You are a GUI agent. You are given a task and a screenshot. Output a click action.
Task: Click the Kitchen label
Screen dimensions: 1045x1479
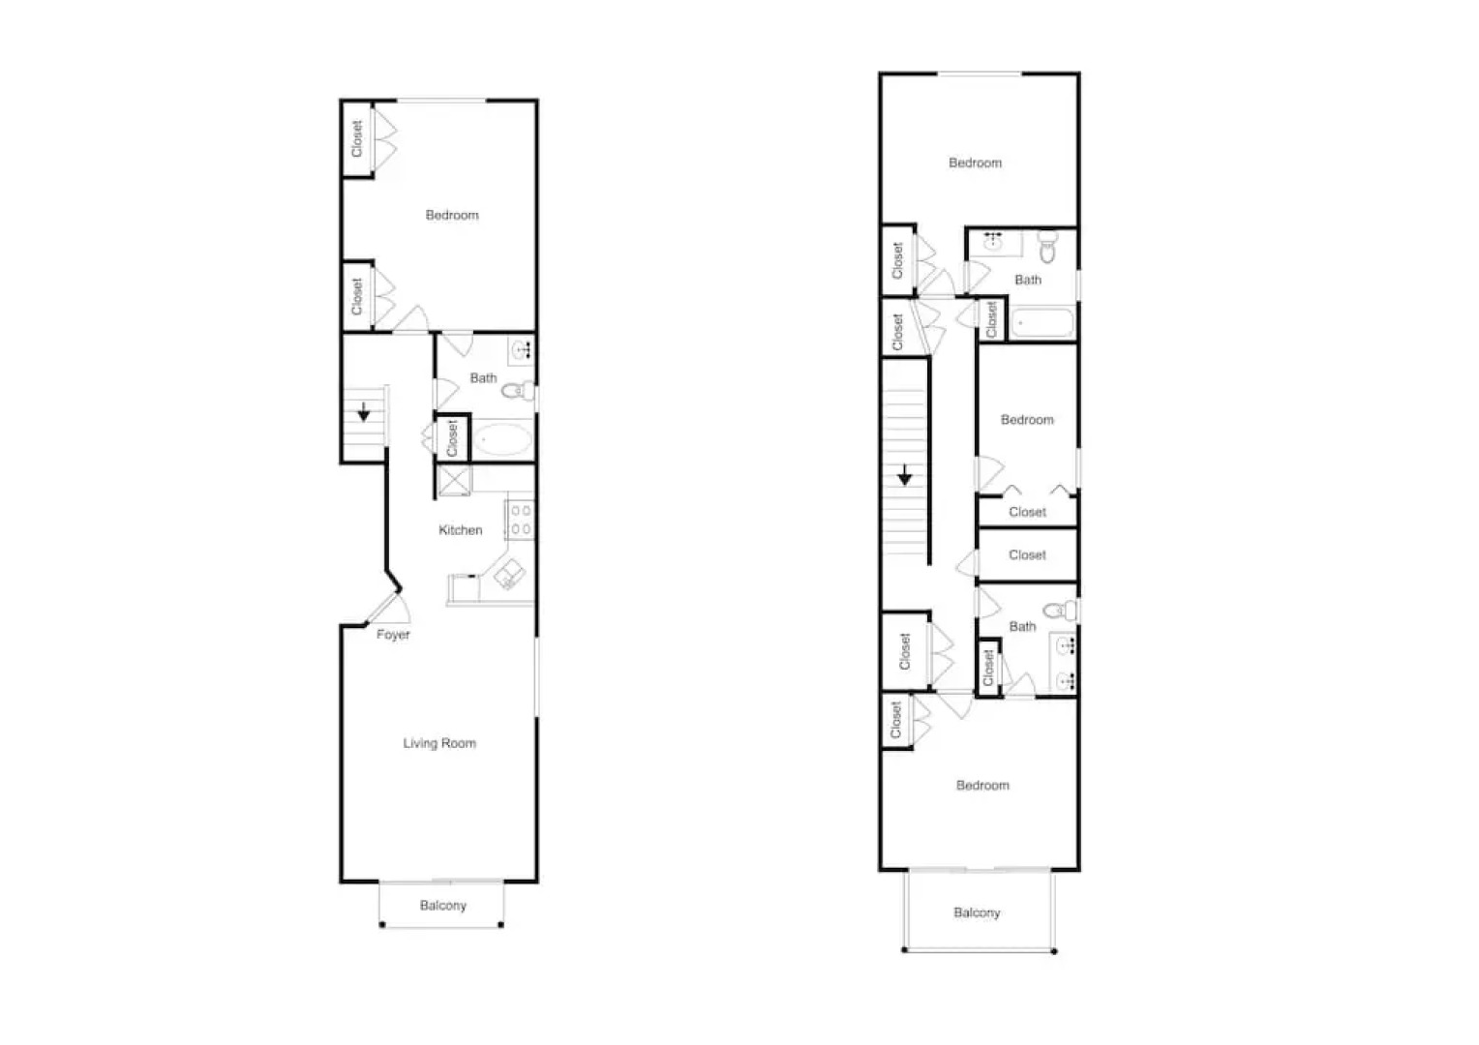pos(460,530)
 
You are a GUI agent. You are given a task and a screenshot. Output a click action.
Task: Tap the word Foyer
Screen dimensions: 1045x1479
pos(393,635)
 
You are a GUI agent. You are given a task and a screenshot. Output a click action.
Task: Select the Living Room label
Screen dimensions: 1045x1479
pos(439,743)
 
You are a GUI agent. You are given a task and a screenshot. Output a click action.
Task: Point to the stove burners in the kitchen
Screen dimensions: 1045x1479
pos(521,519)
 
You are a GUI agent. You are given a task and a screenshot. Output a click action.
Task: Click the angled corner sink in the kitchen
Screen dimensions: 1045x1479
pos(509,575)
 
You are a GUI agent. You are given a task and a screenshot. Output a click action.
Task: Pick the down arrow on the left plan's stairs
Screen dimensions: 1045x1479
pos(364,412)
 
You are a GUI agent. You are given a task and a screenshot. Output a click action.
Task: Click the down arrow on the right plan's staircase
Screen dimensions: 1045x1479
pos(904,475)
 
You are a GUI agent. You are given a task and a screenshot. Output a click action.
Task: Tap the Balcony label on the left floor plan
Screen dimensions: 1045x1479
pos(442,906)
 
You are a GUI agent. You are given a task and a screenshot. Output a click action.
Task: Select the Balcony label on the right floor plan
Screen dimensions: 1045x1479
pos(977,912)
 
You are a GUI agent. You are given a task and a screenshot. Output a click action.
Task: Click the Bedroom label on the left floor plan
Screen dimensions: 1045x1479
pos(452,215)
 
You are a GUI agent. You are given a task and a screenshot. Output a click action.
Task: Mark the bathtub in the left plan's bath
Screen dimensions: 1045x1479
pos(502,441)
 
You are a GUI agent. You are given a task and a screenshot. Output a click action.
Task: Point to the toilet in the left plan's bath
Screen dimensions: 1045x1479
pos(518,391)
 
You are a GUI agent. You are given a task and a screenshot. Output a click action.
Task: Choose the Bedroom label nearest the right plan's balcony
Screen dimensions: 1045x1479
pos(982,785)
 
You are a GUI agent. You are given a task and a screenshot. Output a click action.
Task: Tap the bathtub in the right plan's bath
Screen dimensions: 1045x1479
pos(1042,322)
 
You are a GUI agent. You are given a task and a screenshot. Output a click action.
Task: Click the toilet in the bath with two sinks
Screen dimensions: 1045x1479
pos(1061,611)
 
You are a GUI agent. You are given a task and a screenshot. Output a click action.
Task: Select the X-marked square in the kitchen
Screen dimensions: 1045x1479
pos(454,481)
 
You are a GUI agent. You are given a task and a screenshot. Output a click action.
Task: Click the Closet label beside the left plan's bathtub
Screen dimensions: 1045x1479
pos(452,437)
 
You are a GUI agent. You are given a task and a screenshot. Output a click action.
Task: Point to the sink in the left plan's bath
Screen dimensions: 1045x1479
pos(522,349)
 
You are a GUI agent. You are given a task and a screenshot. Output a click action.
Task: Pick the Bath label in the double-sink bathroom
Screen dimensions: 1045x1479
pos(1022,627)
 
